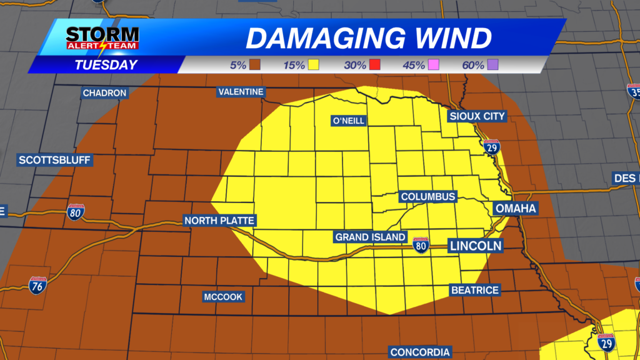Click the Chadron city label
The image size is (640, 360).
click(105, 93)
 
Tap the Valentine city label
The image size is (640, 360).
click(241, 92)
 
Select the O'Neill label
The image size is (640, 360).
click(349, 121)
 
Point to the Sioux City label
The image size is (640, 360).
click(477, 116)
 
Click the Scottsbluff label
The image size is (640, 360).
click(55, 160)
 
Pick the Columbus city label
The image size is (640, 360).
click(428, 197)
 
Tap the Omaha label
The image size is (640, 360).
click(516, 208)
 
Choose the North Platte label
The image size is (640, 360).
click(219, 221)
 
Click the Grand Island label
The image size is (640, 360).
click(371, 237)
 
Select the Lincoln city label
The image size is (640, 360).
click(476, 246)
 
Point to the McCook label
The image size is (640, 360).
click(223, 297)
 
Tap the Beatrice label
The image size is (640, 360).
click(475, 290)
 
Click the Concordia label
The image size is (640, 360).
click(420, 352)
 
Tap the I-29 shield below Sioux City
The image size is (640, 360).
click(492, 147)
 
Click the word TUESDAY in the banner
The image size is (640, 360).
click(106, 65)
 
